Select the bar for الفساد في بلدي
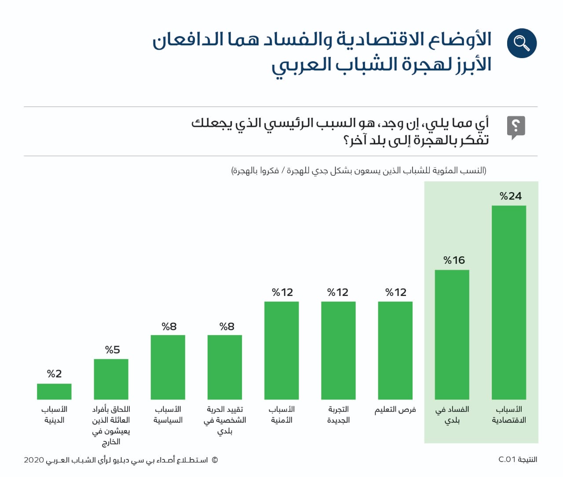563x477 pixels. click(x=452, y=334)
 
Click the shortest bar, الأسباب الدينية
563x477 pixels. click(x=54, y=391)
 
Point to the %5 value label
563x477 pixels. click(x=112, y=350)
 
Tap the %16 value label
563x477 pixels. click(x=454, y=260)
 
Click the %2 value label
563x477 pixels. click(x=54, y=374)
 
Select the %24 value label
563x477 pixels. click(x=511, y=196)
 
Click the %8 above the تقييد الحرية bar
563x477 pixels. click(x=227, y=326)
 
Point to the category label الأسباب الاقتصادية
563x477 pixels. click(x=509, y=414)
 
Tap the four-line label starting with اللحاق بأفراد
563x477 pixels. click(x=111, y=425)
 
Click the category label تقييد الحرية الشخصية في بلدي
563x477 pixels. click(x=225, y=420)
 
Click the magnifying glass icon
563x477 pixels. click(x=521, y=43)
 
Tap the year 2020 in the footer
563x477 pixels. click(x=34, y=460)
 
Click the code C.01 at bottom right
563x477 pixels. click(x=507, y=459)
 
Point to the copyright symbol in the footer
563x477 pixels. click(x=215, y=460)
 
